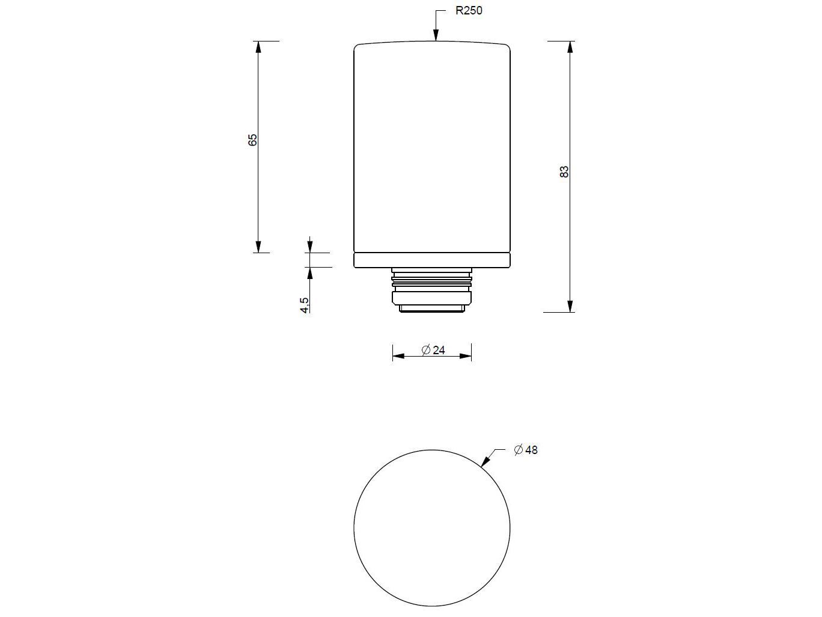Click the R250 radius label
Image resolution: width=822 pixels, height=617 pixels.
(469, 10)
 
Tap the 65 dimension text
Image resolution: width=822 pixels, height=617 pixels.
(253, 140)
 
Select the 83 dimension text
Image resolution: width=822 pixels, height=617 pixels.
(564, 171)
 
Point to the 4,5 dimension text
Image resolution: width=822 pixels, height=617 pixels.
(305, 305)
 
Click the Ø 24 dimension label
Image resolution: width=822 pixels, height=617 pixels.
(433, 350)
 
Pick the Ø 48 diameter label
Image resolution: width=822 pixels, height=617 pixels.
(526, 450)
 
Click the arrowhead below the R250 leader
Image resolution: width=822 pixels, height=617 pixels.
(436, 34)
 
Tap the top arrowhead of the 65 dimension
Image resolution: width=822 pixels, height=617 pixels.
(258, 48)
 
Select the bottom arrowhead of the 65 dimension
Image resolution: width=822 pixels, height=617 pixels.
(258, 246)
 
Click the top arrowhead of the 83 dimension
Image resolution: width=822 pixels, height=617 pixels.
(570, 48)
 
